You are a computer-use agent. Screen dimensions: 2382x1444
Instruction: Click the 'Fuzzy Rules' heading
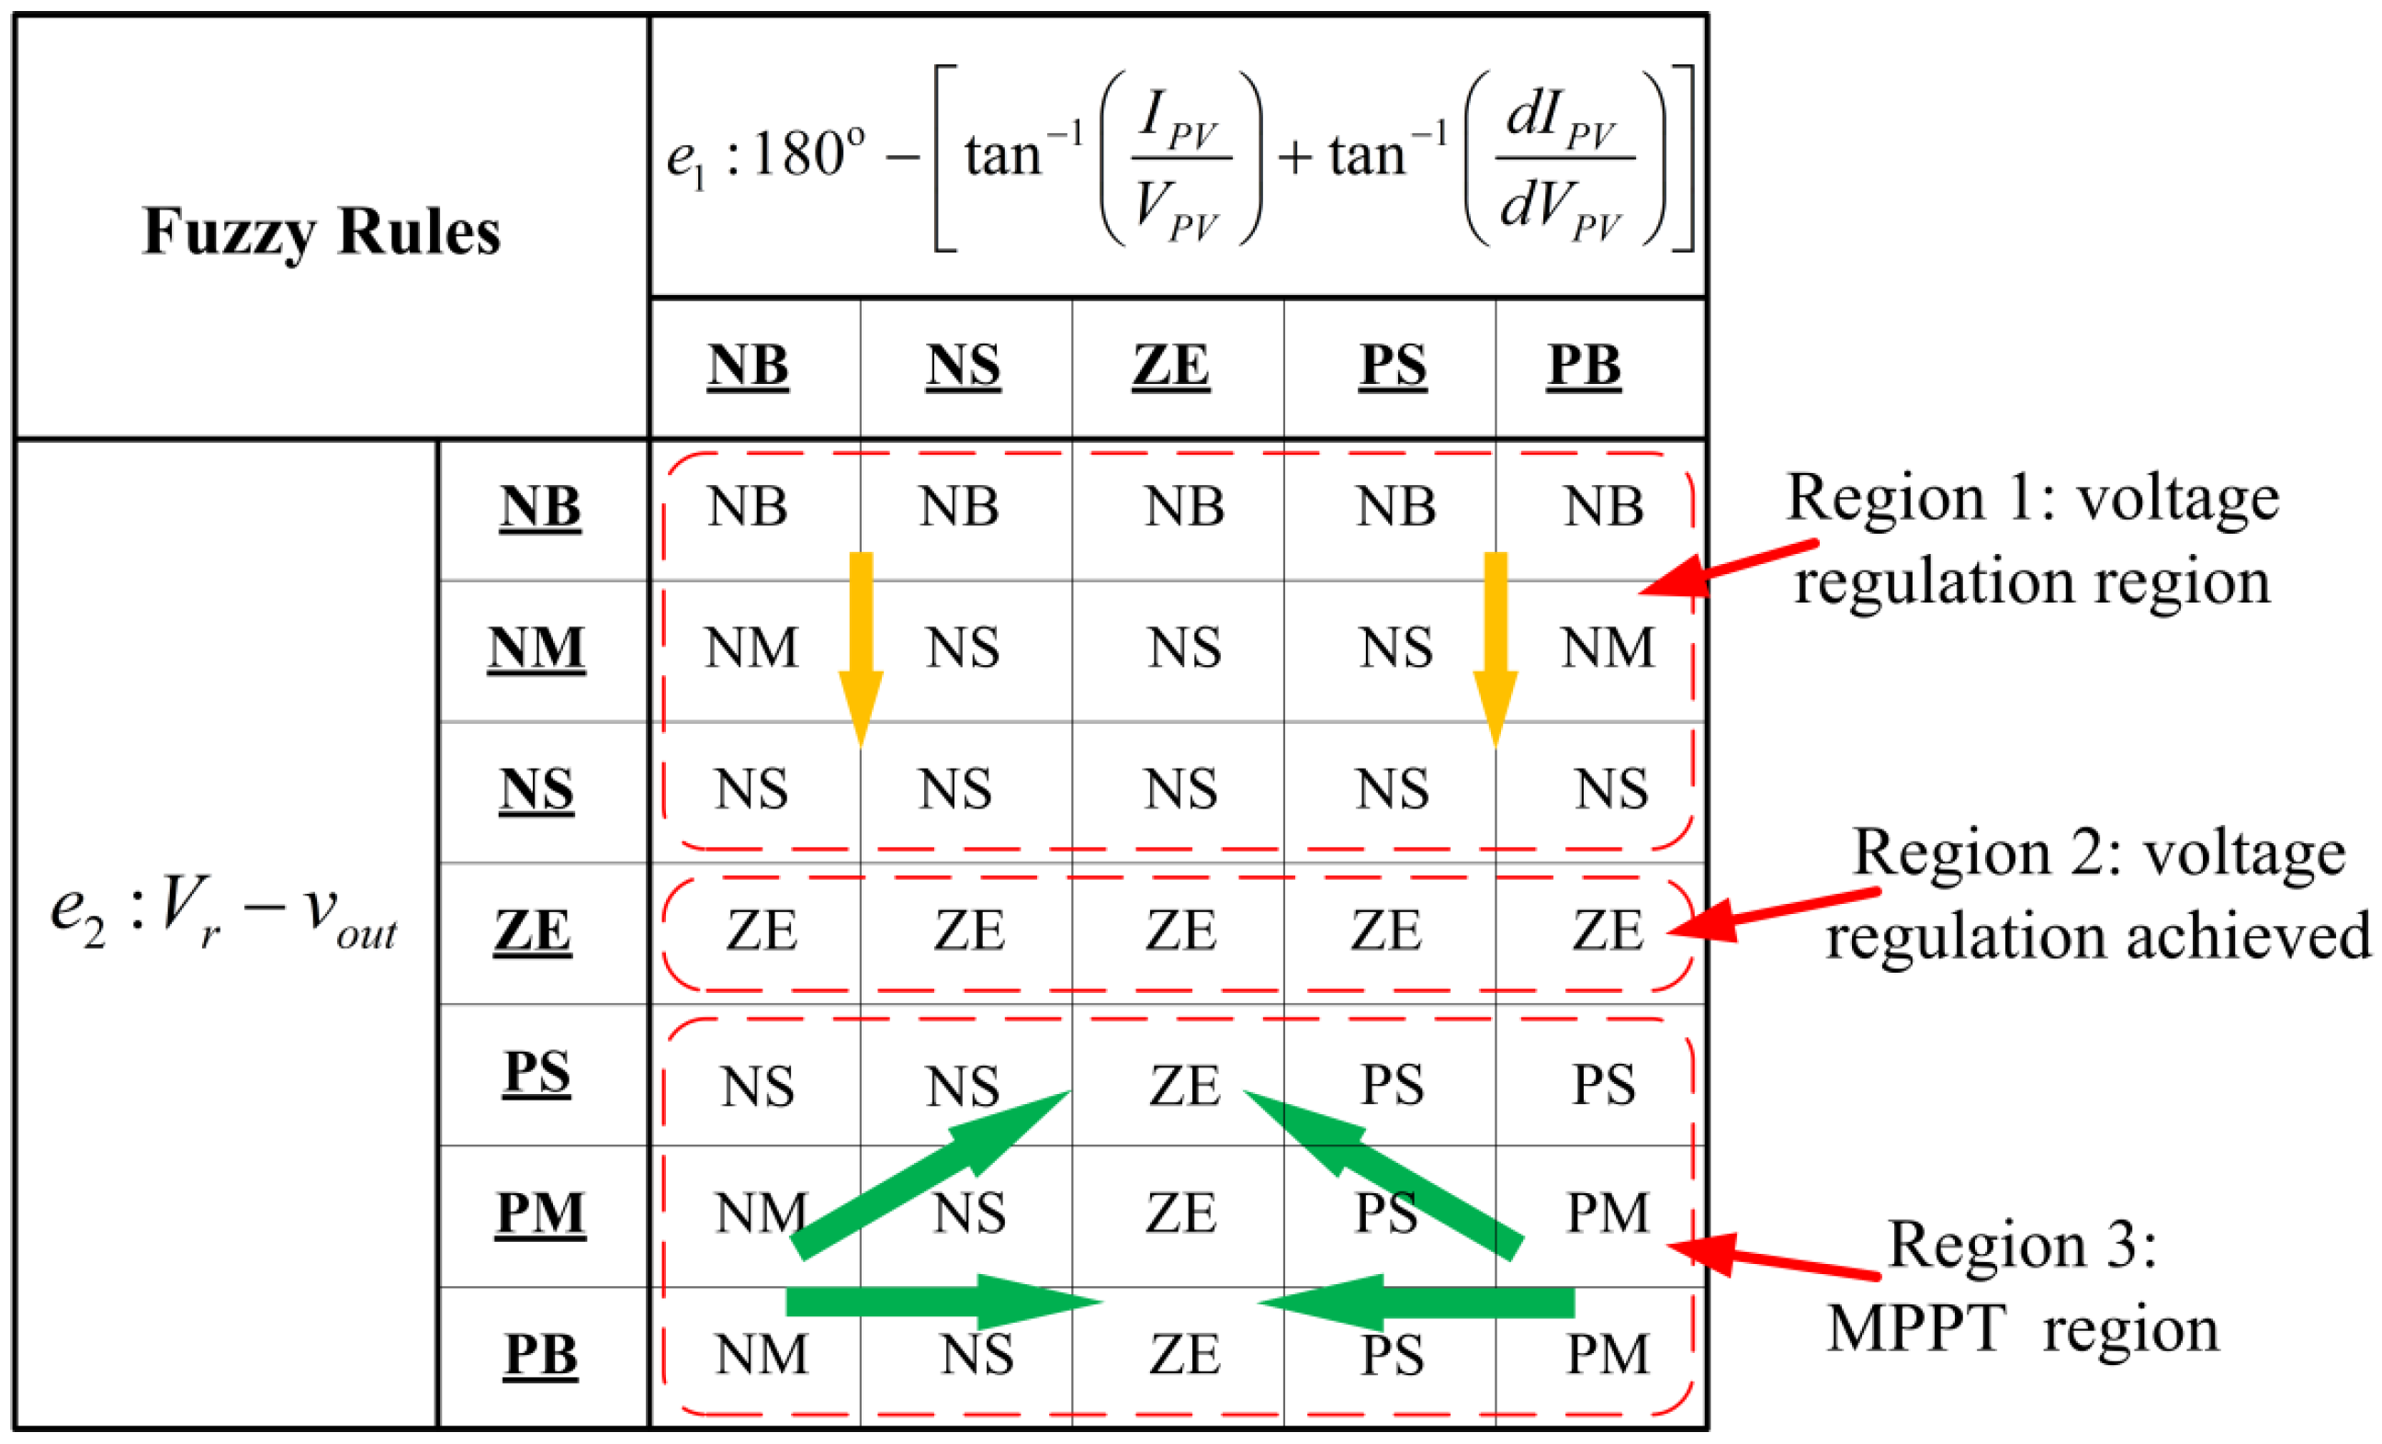[321, 232]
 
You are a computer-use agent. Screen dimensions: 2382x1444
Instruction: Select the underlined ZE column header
[1170, 366]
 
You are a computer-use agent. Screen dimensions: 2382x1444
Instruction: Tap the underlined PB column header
[1584, 366]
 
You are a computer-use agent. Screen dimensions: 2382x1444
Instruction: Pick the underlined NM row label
[536, 648]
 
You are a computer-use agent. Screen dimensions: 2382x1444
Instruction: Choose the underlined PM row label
[540, 1213]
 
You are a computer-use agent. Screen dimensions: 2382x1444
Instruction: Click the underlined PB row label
[540, 1354]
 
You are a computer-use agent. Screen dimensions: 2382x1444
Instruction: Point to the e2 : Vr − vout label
[223, 913]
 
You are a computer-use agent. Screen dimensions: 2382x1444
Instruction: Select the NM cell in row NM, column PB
[1607, 648]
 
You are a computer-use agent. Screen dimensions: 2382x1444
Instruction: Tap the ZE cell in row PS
[1184, 1085]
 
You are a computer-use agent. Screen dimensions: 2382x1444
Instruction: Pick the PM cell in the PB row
[1607, 1354]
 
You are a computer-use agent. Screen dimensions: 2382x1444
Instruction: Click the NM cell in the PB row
[762, 1354]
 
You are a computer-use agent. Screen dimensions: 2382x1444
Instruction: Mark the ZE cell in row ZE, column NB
[762, 930]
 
